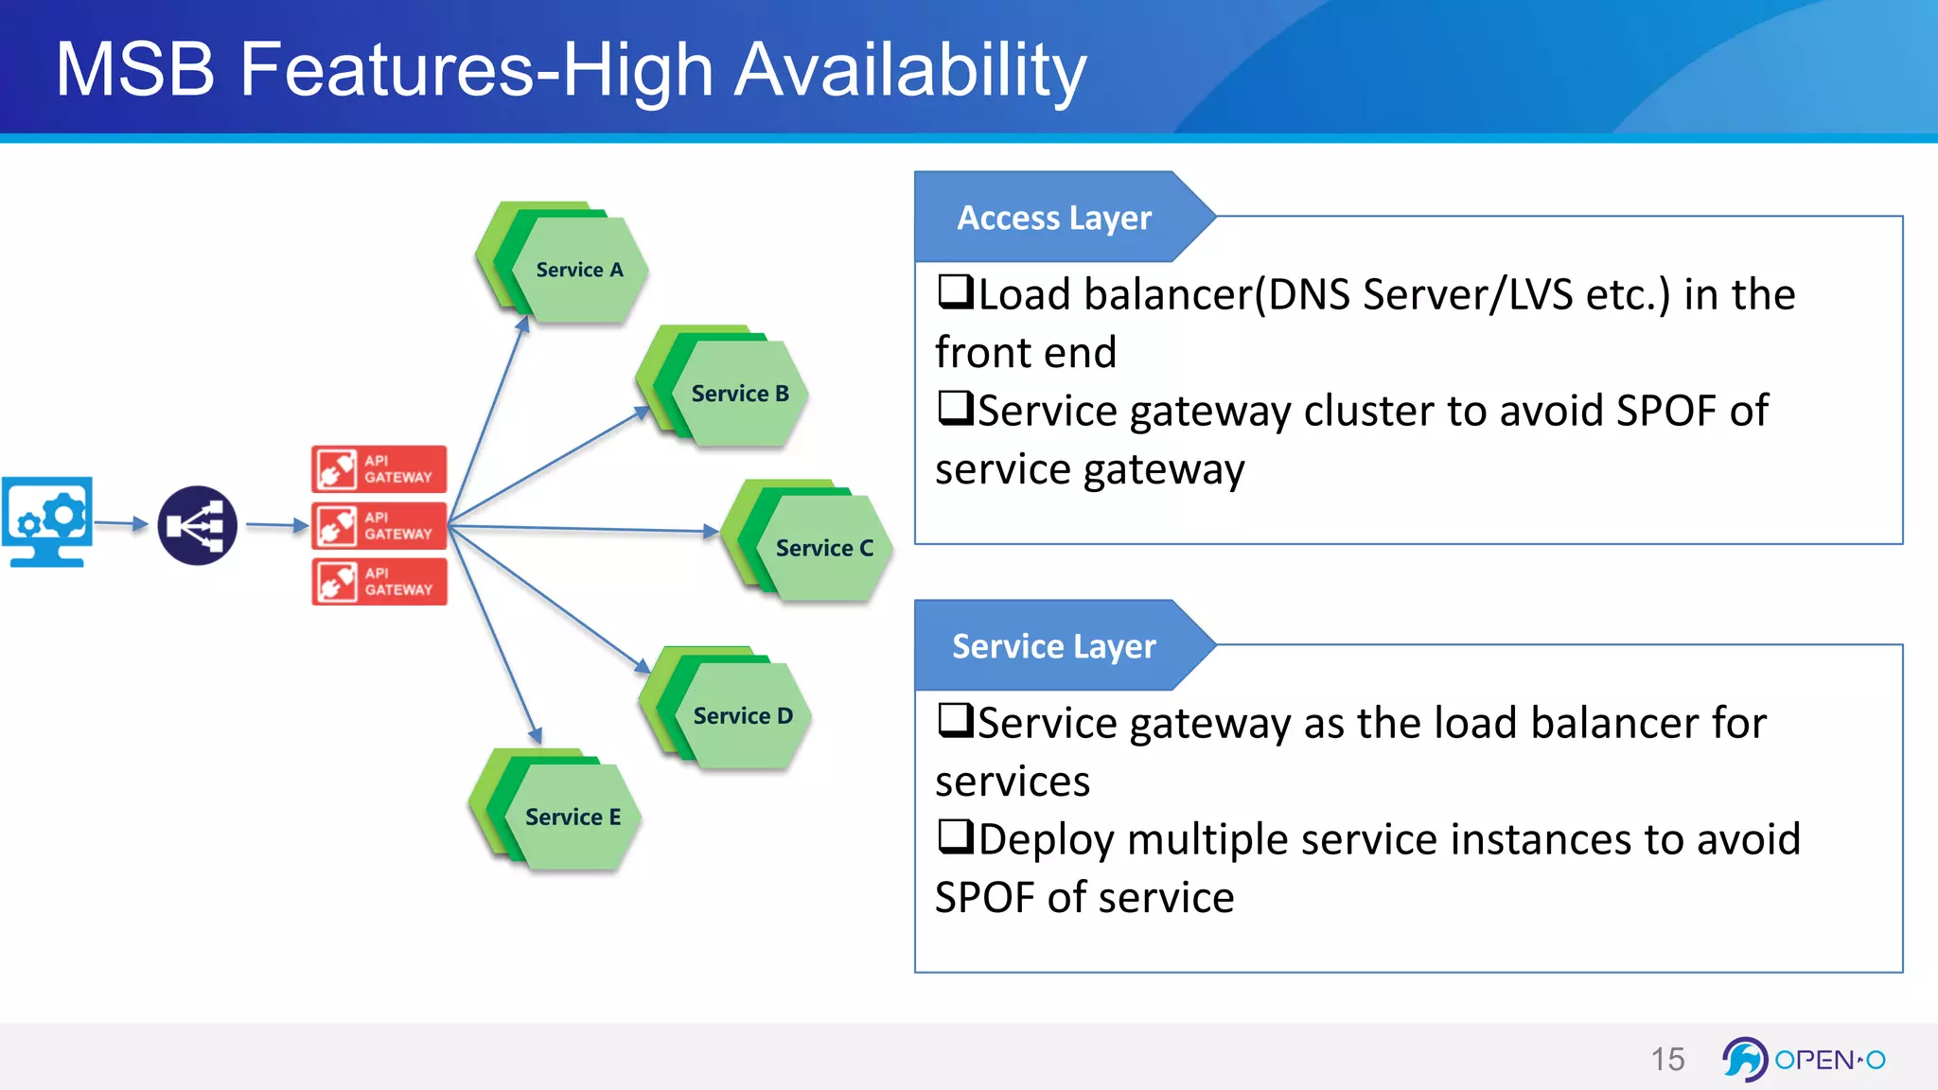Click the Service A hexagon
click(x=579, y=270)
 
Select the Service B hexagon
click(x=740, y=394)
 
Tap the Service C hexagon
click(x=824, y=549)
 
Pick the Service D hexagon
click(x=743, y=716)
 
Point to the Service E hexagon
click(x=573, y=817)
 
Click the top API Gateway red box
click(x=379, y=469)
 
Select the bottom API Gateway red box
click(x=379, y=581)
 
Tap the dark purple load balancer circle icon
click(x=197, y=525)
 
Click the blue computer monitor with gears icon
click(x=47, y=521)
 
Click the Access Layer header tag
click(x=1054, y=218)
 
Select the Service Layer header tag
click(x=1053, y=646)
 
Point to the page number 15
click(x=1667, y=1059)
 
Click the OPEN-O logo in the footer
click(x=1804, y=1059)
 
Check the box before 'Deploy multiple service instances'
click(x=955, y=836)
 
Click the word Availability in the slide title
click(x=909, y=70)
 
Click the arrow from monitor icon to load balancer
click(x=121, y=522)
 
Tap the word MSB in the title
click(x=135, y=70)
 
